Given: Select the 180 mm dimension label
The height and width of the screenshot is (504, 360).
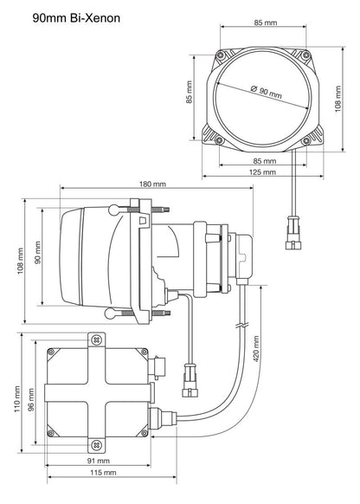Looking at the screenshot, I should pyautogui.click(x=151, y=183).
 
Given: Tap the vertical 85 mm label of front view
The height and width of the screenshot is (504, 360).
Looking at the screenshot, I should pyautogui.click(x=190, y=92).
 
